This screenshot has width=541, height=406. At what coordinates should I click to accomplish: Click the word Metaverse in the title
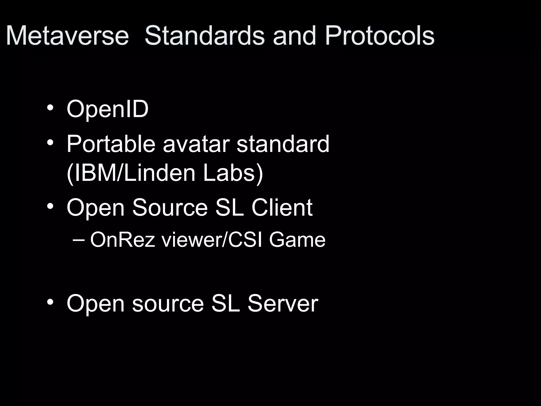tap(67, 36)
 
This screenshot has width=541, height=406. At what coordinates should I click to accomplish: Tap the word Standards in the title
tap(204, 36)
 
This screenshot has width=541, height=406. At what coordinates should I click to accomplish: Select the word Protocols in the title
tap(380, 36)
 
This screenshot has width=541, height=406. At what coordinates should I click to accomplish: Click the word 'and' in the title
tap(294, 36)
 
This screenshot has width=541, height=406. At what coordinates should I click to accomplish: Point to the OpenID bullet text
tap(108, 109)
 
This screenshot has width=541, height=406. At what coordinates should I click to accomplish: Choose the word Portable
tap(111, 144)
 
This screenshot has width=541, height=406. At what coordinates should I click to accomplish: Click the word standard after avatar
tap(283, 144)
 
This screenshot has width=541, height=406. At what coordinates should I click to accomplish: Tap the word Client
tap(282, 207)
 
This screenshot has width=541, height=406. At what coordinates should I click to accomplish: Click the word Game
tap(297, 240)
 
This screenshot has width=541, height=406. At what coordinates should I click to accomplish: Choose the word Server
tap(283, 304)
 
